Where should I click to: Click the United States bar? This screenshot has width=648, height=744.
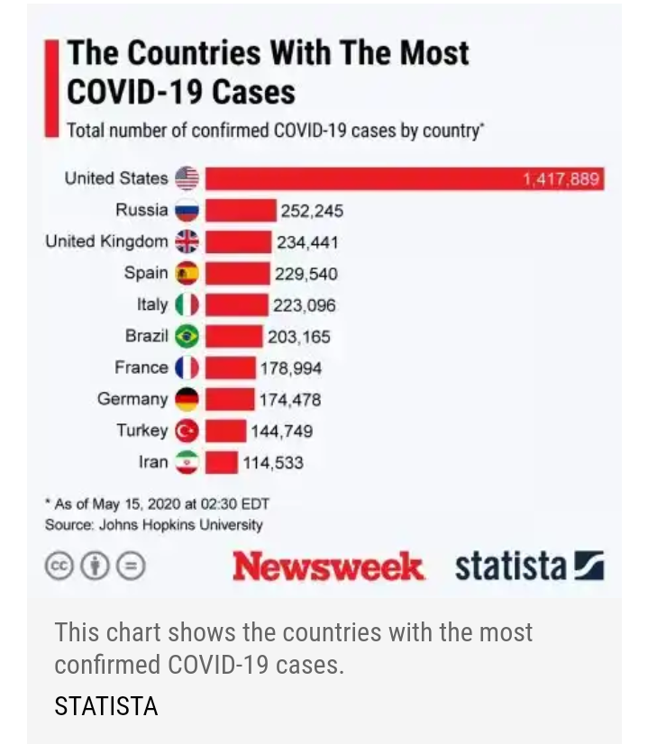402,178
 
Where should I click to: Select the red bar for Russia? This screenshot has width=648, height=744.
240,211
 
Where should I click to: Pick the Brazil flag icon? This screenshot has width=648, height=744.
187,337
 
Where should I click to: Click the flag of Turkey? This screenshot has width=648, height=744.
187,431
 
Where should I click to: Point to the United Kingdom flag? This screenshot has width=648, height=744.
187,242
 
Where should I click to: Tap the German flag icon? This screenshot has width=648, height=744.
187,400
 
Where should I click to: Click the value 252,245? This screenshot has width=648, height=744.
312,212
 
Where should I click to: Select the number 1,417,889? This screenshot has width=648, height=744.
561,179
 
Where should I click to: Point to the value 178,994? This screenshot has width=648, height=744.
290,368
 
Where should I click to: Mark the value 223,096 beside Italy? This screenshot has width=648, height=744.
305,306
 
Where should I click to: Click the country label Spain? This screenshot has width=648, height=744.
146,273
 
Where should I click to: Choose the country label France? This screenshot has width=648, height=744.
141,367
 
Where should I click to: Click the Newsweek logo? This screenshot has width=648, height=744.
327,567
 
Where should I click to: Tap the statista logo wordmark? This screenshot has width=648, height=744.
510,567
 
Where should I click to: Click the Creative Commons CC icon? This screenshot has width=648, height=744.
59,567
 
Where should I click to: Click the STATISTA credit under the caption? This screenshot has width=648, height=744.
105,706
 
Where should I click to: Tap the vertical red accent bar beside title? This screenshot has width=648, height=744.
52,88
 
